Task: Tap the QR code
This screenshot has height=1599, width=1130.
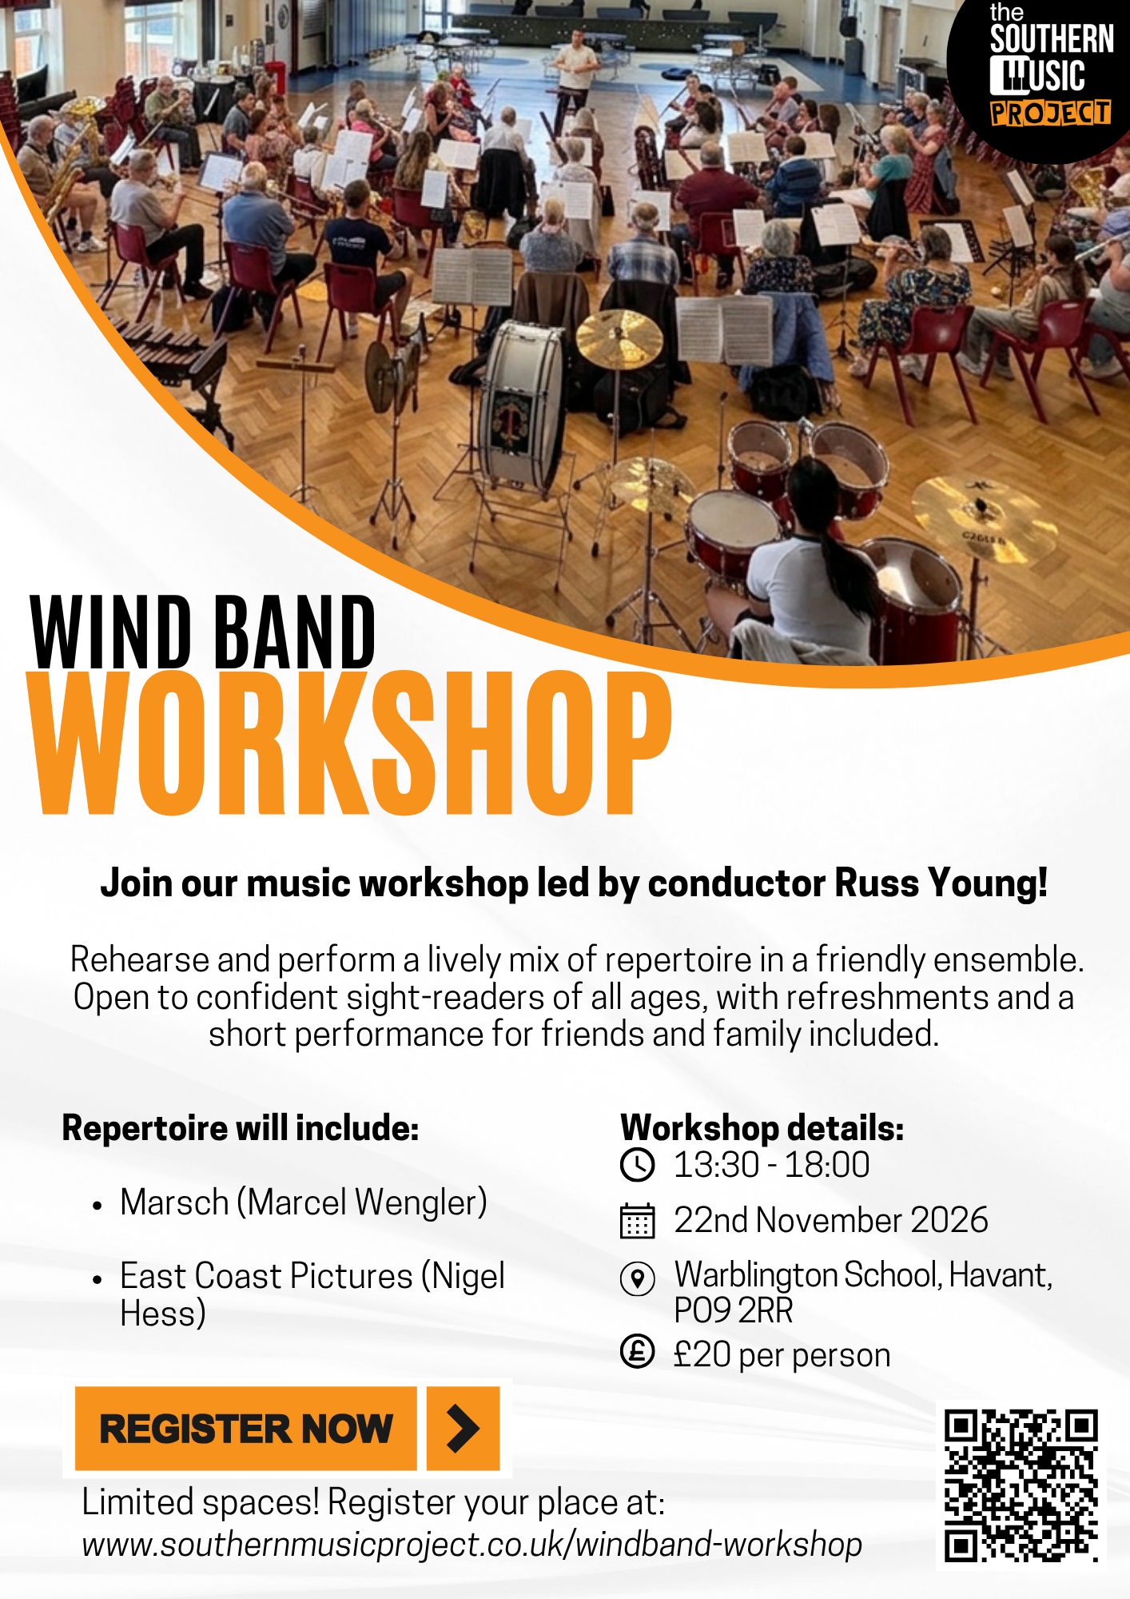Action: tap(1021, 1485)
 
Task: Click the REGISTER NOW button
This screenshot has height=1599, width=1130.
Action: tap(246, 1429)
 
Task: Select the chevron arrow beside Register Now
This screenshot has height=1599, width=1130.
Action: tap(464, 1429)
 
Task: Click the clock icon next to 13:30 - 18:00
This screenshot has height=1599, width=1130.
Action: tap(638, 1165)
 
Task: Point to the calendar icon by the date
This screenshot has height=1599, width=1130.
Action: tap(638, 1221)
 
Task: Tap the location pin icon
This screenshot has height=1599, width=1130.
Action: tap(638, 1278)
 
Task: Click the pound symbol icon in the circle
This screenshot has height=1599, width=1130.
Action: tap(638, 1352)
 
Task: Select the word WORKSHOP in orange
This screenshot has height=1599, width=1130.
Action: tap(350, 744)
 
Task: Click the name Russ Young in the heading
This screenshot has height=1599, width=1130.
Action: tap(941, 883)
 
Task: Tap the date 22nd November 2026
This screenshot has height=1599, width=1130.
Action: tap(831, 1221)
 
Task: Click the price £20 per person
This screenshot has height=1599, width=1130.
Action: tap(782, 1355)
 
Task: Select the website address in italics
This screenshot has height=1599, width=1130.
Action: tap(472, 1545)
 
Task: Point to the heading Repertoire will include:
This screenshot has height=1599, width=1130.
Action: tap(241, 1128)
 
